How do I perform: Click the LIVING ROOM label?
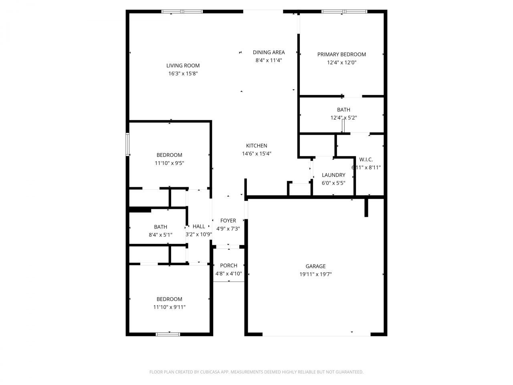[x=183, y=66]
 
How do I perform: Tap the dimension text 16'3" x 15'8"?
[x=183, y=74]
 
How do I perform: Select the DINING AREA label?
[x=269, y=52]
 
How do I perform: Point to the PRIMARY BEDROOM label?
[x=341, y=55]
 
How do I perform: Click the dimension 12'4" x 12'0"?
[x=341, y=63]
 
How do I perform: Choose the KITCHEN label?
[x=256, y=146]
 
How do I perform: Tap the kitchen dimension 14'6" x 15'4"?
[x=256, y=154]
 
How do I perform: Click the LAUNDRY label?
[x=333, y=175]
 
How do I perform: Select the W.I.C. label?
[x=366, y=160]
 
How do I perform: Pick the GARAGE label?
[x=315, y=266]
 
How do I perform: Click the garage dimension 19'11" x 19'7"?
[x=315, y=274]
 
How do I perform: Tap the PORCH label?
[x=228, y=265]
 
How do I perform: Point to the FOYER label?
[x=228, y=221]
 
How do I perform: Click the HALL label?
[x=199, y=227]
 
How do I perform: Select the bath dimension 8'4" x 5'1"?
[x=160, y=235]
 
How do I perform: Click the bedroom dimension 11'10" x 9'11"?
[x=169, y=307]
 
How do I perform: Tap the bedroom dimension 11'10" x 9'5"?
[x=169, y=163]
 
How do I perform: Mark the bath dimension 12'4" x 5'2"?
[x=343, y=118]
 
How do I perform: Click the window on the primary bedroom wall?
[x=344, y=12]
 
